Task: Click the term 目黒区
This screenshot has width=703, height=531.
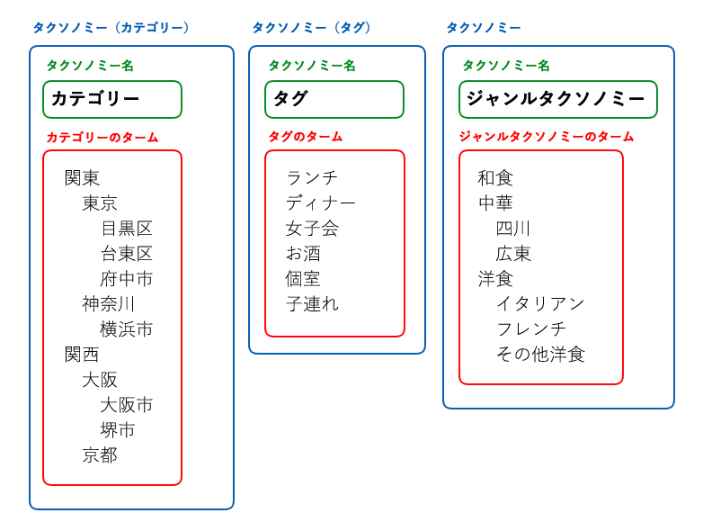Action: tap(127, 229)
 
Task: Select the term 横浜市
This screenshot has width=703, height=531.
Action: tap(127, 329)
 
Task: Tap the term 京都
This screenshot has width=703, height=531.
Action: tap(100, 455)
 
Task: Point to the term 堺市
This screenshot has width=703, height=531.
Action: tap(118, 430)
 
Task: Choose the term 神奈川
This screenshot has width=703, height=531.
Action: tap(109, 304)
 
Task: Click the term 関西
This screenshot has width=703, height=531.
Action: tap(82, 355)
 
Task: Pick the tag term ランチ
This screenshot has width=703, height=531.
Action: tap(312, 177)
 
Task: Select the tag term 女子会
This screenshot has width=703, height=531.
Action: tap(312, 229)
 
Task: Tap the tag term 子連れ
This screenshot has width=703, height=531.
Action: tap(312, 304)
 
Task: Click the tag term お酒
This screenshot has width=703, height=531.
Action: tap(304, 254)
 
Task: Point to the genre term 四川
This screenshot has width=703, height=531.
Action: tap(513, 229)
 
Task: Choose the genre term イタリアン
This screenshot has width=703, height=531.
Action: tap(540, 304)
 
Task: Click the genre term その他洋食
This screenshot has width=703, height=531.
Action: tap(540, 355)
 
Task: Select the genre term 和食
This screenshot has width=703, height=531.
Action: tap(495, 177)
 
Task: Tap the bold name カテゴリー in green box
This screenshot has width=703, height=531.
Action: tap(95, 98)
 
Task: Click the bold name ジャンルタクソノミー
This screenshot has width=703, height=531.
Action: tap(556, 98)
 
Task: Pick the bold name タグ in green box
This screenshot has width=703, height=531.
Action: tap(290, 98)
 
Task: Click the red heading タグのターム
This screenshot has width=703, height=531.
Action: tap(306, 137)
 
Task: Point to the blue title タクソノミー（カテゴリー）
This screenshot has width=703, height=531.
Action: tap(111, 28)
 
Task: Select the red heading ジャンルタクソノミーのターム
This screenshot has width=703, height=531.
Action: tap(547, 137)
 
